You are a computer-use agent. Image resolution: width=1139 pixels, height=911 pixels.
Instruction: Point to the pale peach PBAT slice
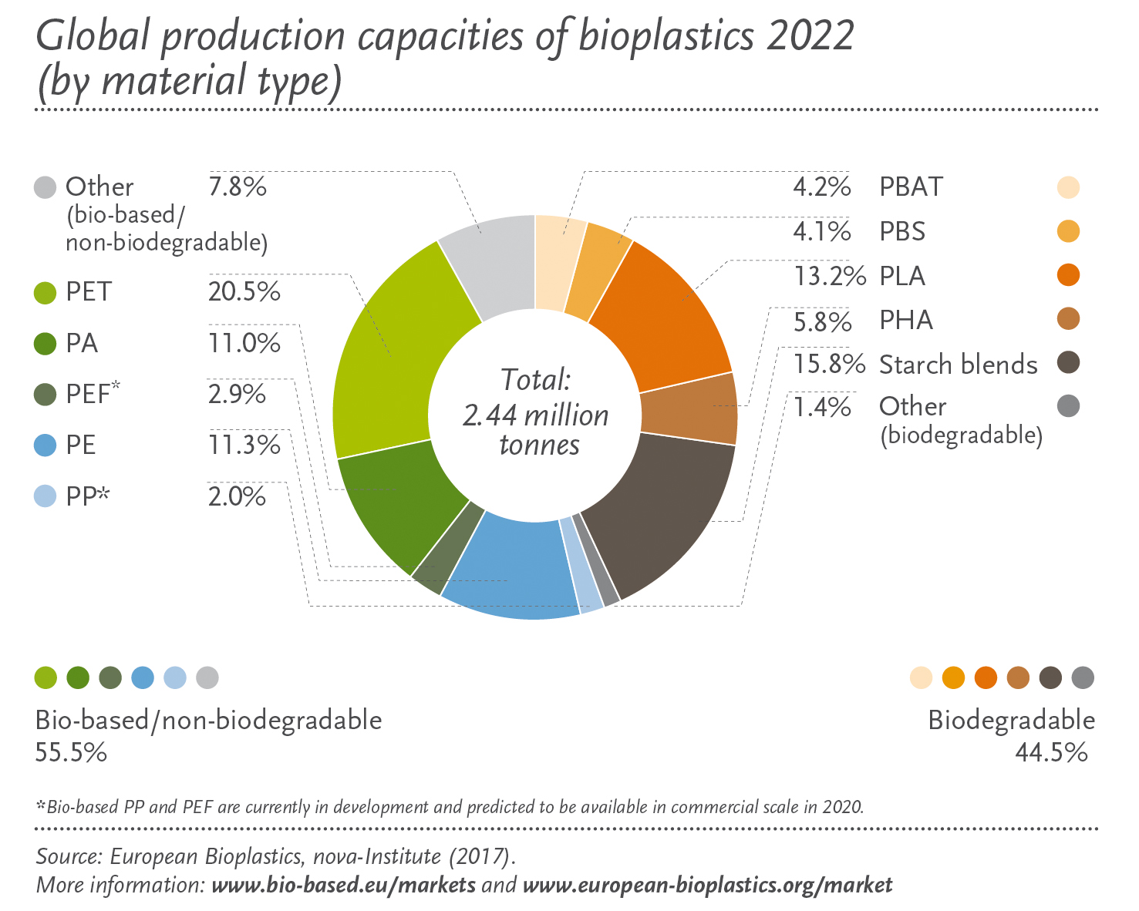pyautogui.click(x=559, y=262)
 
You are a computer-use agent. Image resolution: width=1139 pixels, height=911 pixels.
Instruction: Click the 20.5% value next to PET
pyautogui.click(x=244, y=292)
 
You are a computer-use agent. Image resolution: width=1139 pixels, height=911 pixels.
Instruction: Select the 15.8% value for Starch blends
pyautogui.click(x=830, y=364)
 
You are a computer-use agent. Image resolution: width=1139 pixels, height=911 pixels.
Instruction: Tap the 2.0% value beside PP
pyautogui.click(x=237, y=496)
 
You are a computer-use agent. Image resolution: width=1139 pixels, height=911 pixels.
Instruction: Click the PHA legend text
pyautogui.click(x=906, y=320)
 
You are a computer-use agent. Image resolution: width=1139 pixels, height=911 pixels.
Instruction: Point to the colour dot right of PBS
pyautogui.click(x=1068, y=231)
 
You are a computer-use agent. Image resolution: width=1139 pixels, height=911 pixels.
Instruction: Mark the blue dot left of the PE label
pyautogui.click(x=45, y=445)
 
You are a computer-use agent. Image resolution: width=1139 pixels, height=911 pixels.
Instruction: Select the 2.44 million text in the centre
pyautogui.click(x=535, y=415)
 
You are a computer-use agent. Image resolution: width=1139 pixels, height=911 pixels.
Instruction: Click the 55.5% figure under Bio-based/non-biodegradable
pyautogui.click(x=71, y=752)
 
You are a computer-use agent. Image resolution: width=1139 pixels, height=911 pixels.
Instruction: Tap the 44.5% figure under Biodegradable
pyautogui.click(x=1051, y=752)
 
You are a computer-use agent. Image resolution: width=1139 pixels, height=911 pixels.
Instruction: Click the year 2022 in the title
pyautogui.click(x=810, y=35)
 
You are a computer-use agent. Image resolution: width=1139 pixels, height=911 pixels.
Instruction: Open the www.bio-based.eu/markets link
pyautogui.click(x=343, y=884)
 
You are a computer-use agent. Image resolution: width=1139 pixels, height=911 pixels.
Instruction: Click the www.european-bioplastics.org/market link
pyautogui.click(x=707, y=884)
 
